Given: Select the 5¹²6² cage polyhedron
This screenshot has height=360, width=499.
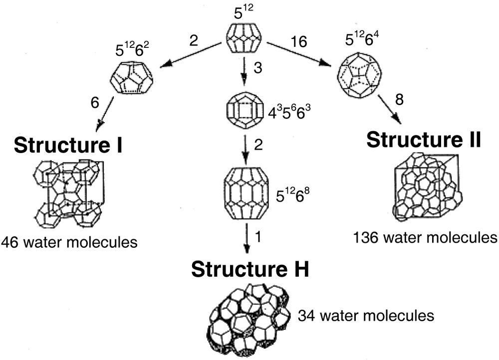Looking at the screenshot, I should pyautogui.click(x=131, y=77).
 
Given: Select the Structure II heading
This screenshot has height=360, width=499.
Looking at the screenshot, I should pyautogui.click(x=424, y=140).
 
